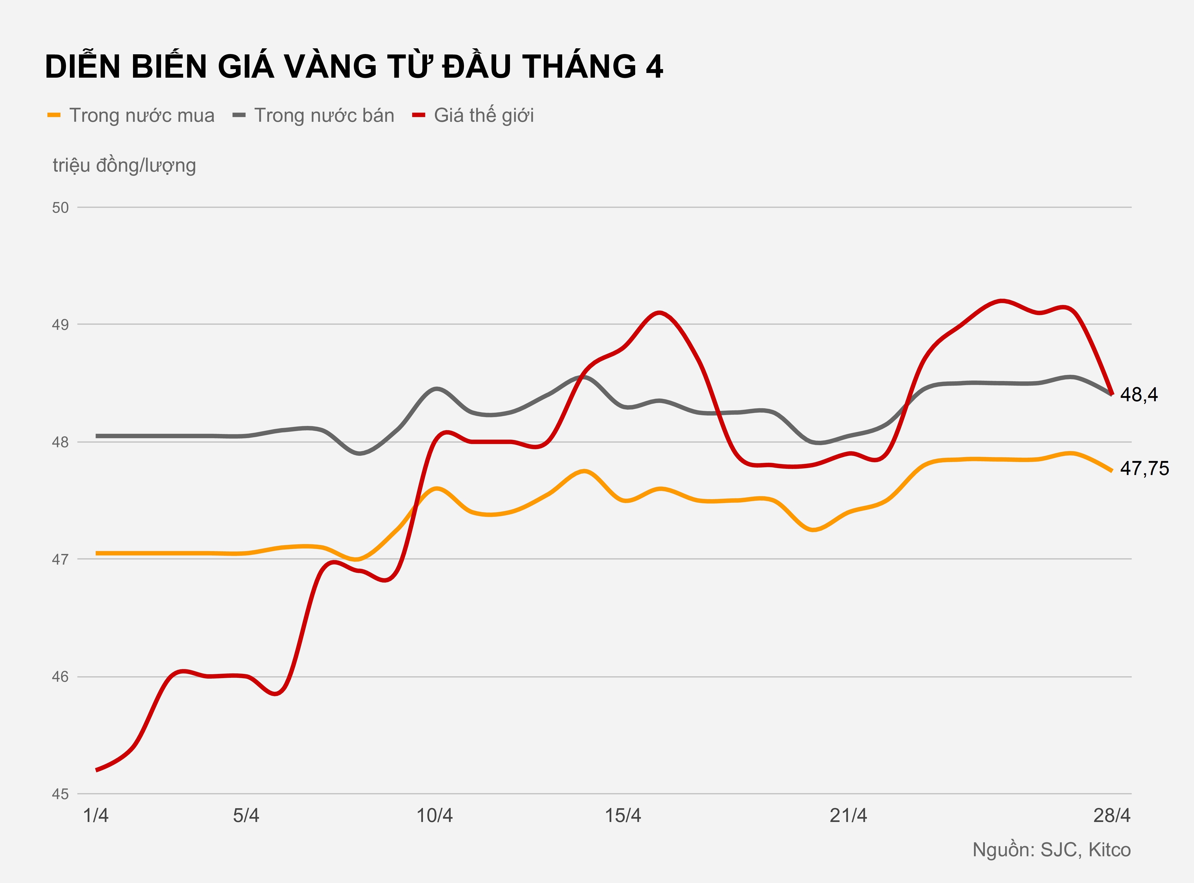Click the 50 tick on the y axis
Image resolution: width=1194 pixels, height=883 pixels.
coord(61,208)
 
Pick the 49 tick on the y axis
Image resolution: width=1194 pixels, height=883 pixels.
coord(61,324)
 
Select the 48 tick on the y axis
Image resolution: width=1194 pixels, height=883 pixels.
coord(61,442)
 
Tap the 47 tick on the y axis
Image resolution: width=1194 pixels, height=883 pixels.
coord(61,559)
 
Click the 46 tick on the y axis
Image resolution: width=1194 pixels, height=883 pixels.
coord(61,677)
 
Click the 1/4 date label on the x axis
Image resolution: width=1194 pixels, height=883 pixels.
coord(96,816)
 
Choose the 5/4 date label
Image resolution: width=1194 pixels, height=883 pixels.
coord(246,816)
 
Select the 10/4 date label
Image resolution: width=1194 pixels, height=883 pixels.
coord(434,816)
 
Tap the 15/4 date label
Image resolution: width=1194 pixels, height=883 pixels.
coord(623,816)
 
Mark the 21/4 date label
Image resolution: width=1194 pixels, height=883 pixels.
coord(848,816)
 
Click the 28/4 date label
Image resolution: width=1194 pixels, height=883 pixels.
coord(1112,816)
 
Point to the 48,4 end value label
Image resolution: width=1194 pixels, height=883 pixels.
coord(1139,394)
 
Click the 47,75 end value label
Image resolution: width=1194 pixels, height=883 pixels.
coord(1144,468)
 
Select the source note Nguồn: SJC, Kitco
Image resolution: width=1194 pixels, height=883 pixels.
coord(1051,850)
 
